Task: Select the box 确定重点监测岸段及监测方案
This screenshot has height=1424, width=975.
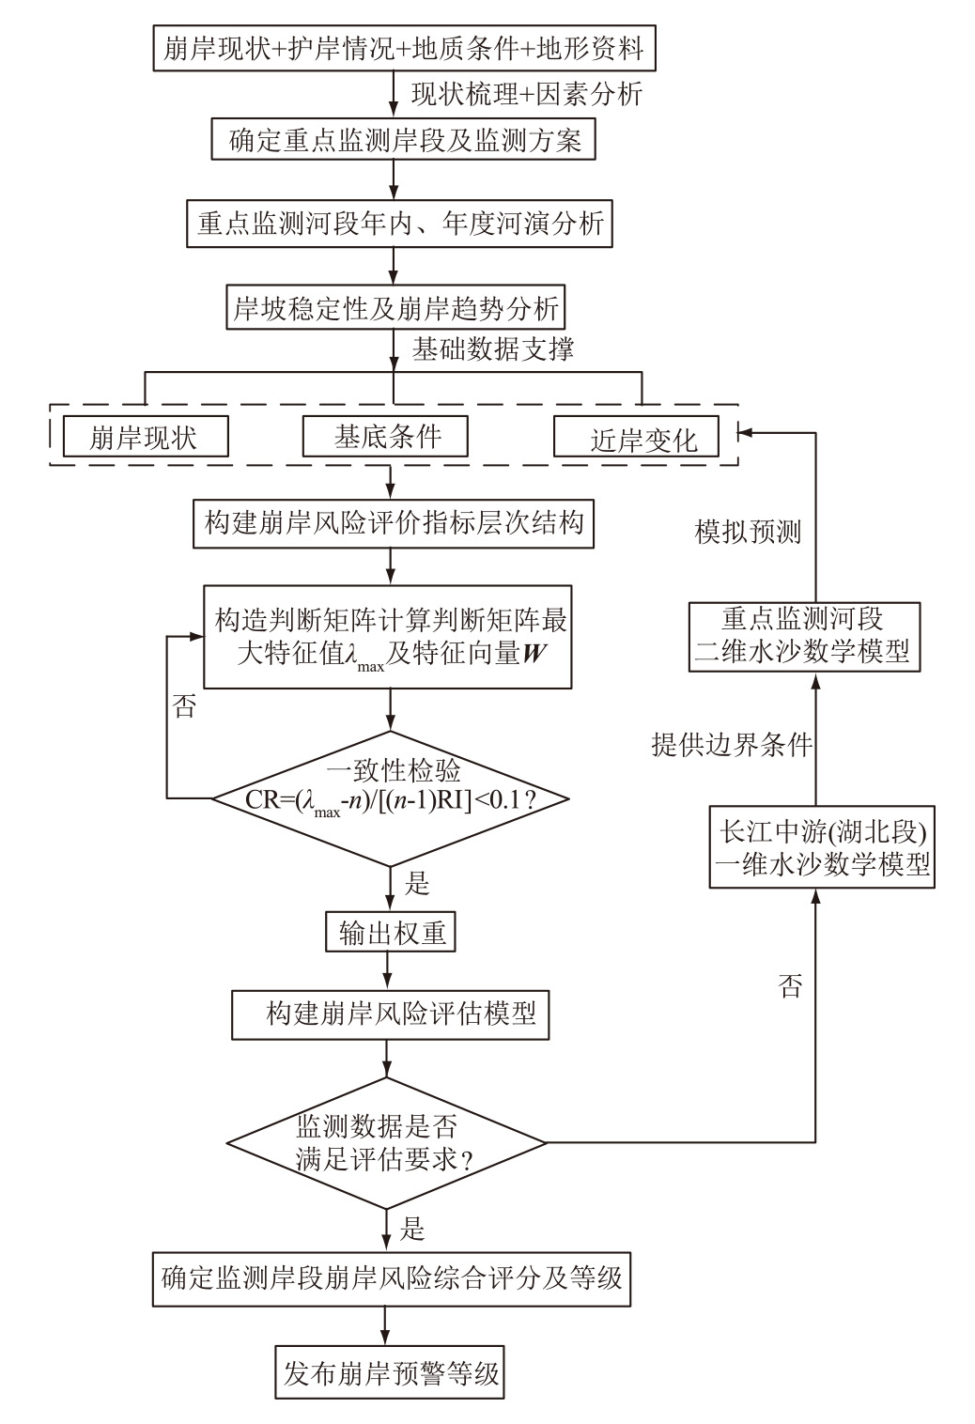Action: [x=405, y=141]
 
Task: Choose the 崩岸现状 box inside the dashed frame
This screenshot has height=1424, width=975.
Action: [x=146, y=438]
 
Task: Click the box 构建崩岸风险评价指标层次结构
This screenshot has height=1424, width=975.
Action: [x=394, y=522]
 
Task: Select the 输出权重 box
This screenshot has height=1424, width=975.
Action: [x=392, y=933]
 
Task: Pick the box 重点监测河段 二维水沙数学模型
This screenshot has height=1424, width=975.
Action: [x=804, y=636]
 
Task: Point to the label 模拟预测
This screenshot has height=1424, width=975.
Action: [x=749, y=533]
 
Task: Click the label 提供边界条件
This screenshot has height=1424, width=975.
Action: [x=732, y=744]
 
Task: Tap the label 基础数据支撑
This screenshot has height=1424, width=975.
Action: [x=493, y=348]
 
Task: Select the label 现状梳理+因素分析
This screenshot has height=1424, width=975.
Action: [x=526, y=94]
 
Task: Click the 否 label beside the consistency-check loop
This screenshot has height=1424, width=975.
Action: [x=185, y=706]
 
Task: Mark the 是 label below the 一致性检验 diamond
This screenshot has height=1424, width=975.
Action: [x=416, y=884]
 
